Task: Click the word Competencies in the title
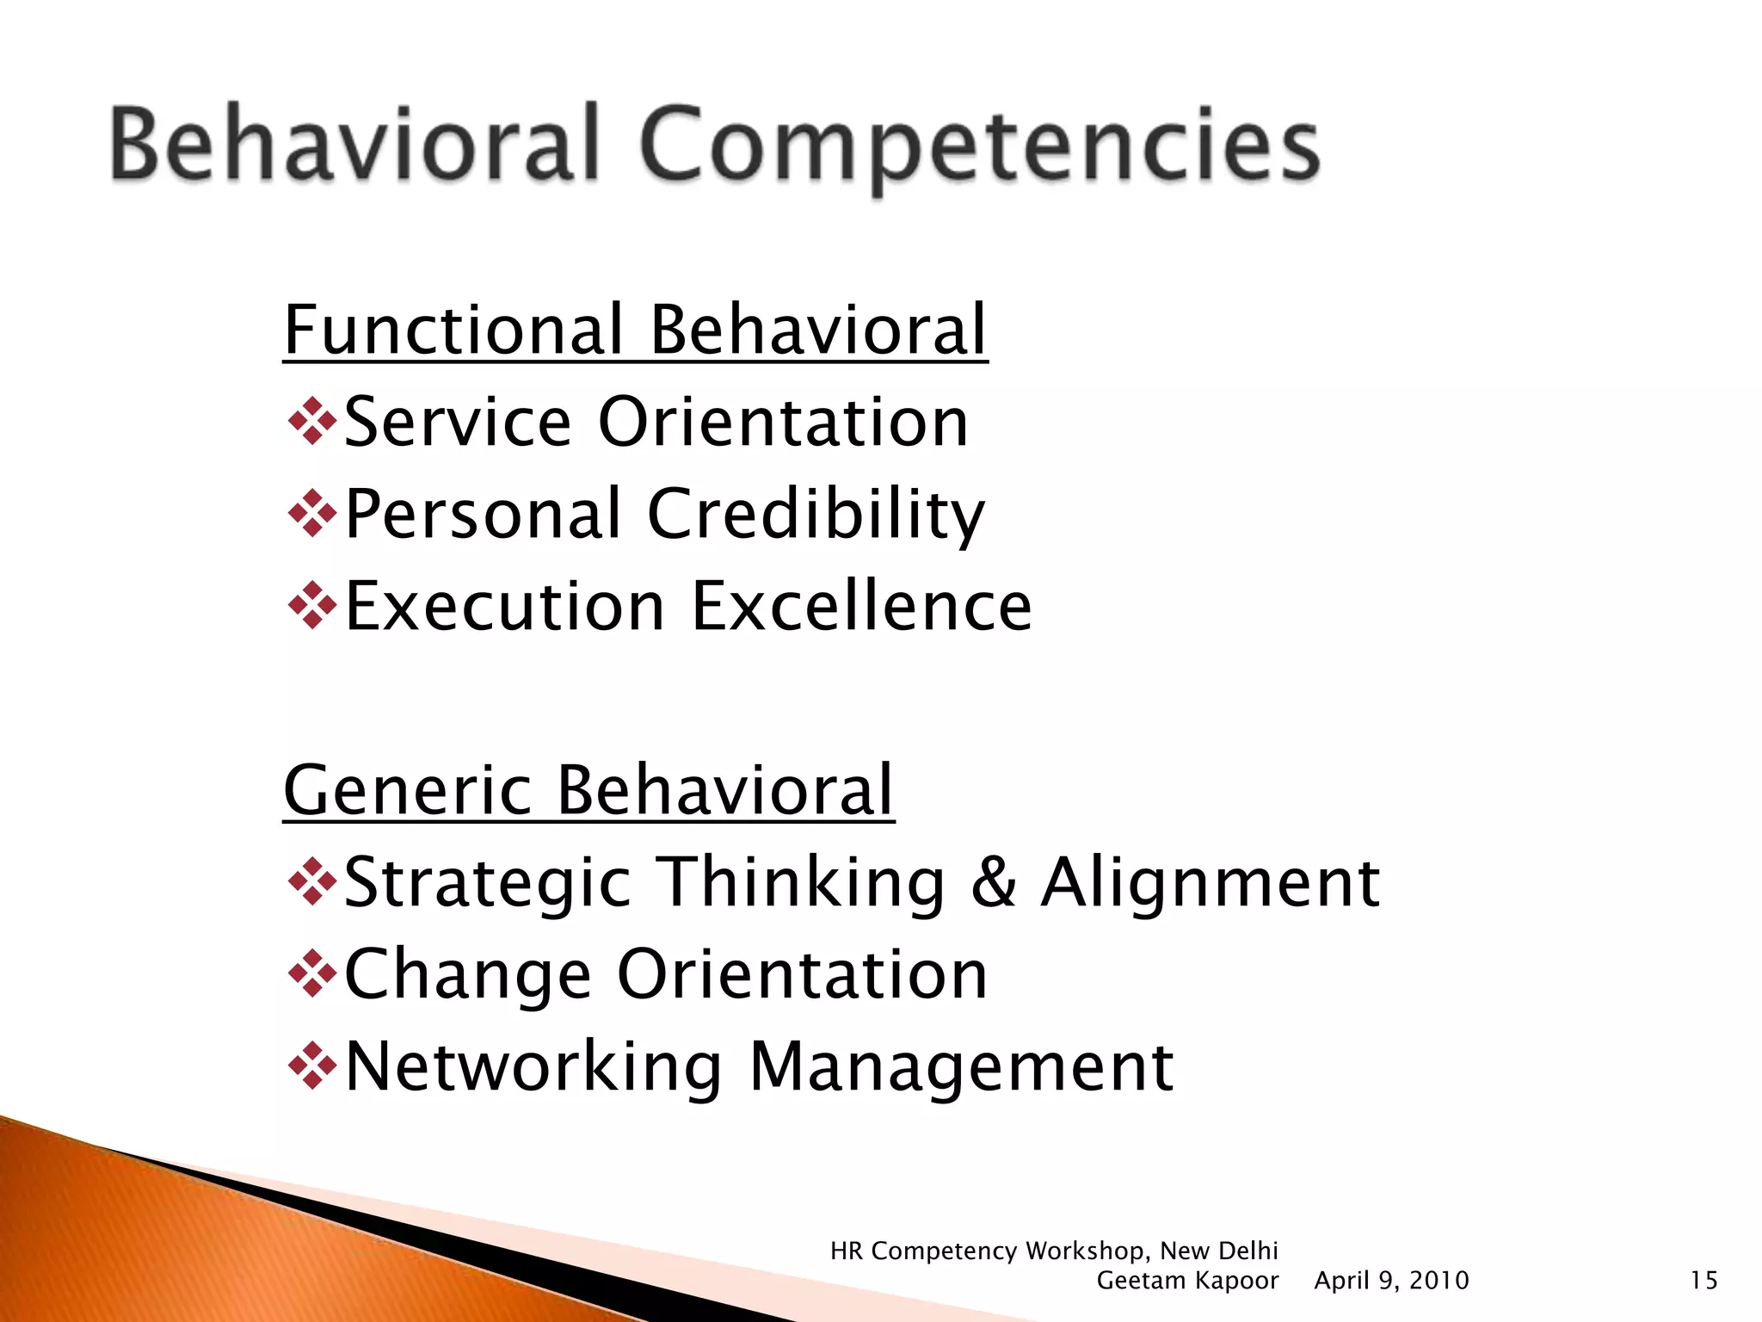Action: tap(979, 146)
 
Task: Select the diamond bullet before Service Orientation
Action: tap(311, 422)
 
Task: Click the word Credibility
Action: tap(816, 514)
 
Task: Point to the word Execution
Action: tap(505, 606)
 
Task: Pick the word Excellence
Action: tap(861, 606)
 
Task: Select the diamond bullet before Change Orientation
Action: tap(311, 974)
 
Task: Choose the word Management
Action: tap(961, 1066)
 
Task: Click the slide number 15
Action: tap(1703, 1281)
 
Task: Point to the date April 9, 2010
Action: tap(1391, 1281)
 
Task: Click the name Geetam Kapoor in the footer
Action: tap(1187, 1281)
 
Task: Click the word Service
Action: tap(458, 422)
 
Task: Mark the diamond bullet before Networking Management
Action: tap(311, 1066)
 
